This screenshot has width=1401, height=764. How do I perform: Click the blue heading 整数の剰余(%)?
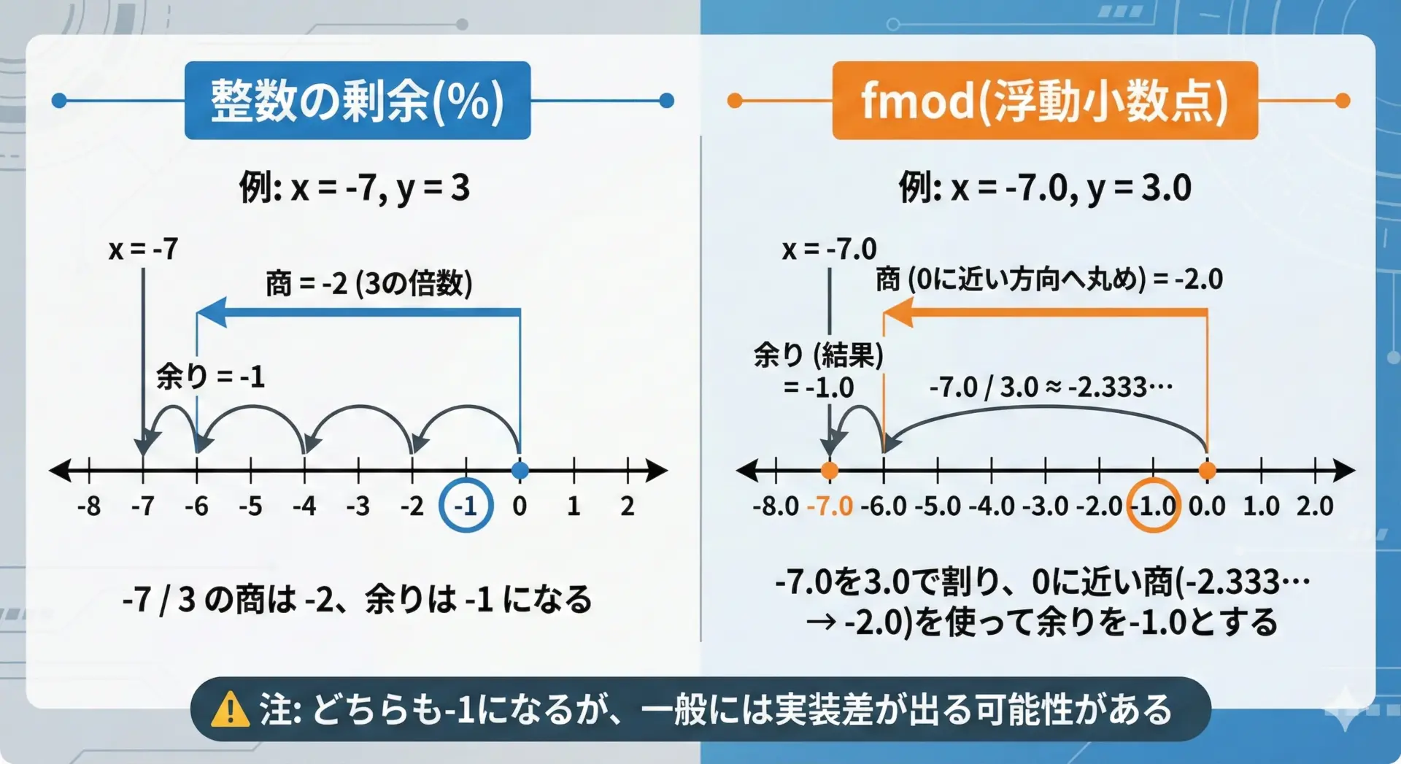pyautogui.click(x=358, y=101)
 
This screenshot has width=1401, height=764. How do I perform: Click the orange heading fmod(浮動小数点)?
pyautogui.click(x=1045, y=101)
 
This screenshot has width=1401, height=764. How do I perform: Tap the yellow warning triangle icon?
pyautogui.click(x=230, y=709)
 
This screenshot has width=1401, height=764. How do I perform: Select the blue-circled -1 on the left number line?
pyautogui.click(x=466, y=505)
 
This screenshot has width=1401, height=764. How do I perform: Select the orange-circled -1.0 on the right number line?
pyautogui.click(x=1154, y=505)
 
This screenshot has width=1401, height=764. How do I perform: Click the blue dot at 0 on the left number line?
pyautogui.click(x=520, y=471)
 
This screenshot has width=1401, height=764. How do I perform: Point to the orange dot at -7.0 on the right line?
pyautogui.click(x=830, y=471)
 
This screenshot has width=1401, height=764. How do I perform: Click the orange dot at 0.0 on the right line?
pyautogui.click(x=1208, y=471)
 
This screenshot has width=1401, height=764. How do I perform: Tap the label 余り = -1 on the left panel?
pyautogui.click(x=210, y=377)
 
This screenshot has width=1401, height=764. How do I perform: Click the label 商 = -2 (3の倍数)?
pyautogui.click(x=369, y=283)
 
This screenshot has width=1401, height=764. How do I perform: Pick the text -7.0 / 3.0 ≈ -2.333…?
pyautogui.click(x=1051, y=387)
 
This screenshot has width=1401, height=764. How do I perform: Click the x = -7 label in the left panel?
pyautogui.click(x=143, y=250)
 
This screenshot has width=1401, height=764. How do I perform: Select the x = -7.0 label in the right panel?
pyautogui.click(x=829, y=250)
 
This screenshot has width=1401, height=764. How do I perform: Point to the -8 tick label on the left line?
pyautogui.click(x=89, y=506)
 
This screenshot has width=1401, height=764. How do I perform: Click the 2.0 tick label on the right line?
pyautogui.click(x=1315, y=506)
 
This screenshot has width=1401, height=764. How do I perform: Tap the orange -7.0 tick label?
pyautogui.click(x=830, y=506)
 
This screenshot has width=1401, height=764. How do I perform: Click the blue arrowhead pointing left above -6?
pyautogui.click(x=212, y=312)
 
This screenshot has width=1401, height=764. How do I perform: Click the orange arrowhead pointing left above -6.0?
pyautogui.click(x=898, y=312)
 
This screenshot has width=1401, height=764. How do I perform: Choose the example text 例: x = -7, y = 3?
pyautogui.click(x=355, y=188)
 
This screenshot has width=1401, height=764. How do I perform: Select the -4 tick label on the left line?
pyautogui.click(x=304, y=506)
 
